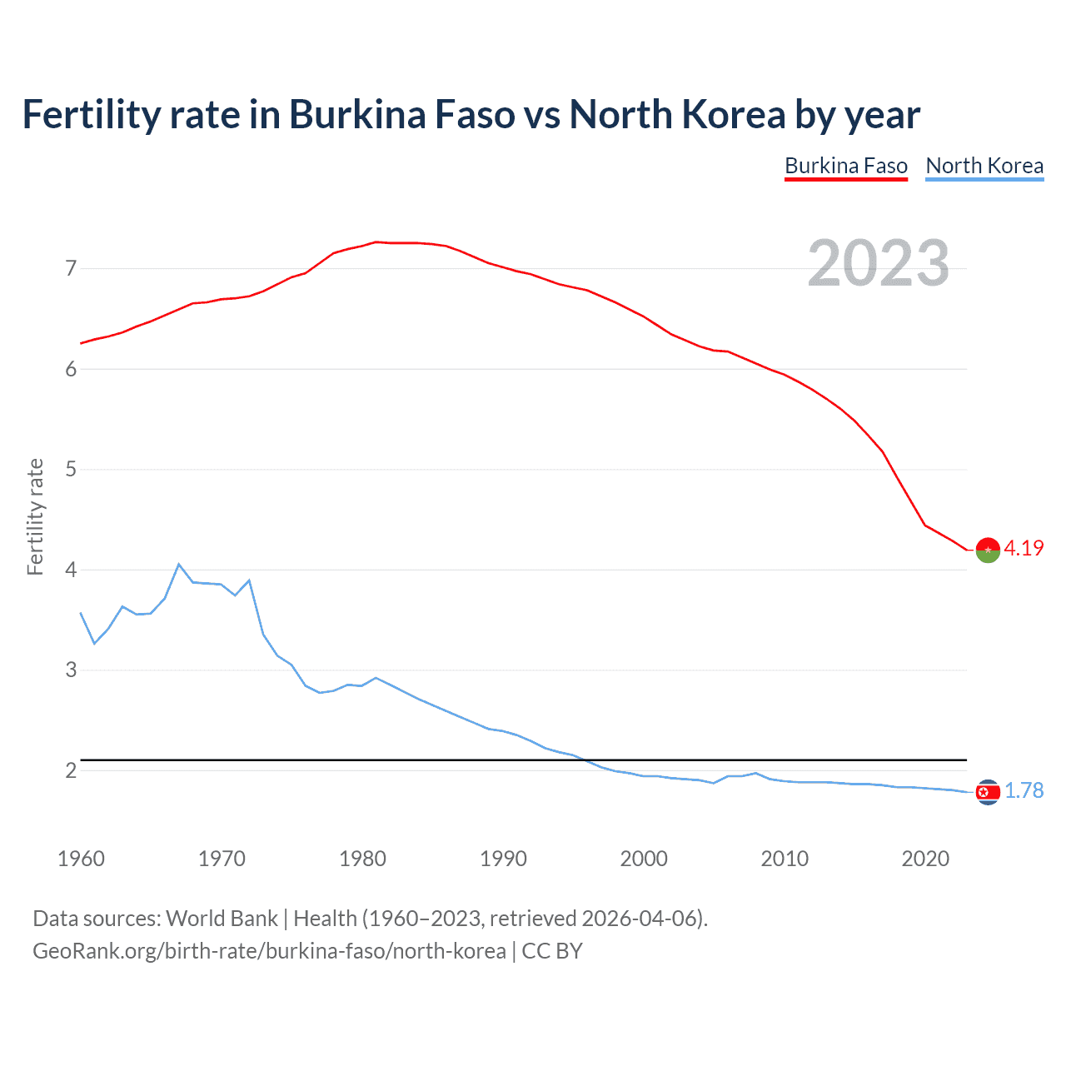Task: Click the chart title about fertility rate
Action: click(471, 114)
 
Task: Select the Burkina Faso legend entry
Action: click(845, 166)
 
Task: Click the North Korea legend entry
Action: click(984, 166)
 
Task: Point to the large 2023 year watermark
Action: click(878, 263)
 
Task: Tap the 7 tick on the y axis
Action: click(71, 268)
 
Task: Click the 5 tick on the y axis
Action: click(71, 470)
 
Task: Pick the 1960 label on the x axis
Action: click(81, 859)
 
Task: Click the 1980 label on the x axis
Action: click(362, 859)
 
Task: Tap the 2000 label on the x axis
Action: click(644, 859)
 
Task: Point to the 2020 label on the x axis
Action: click(925, 859)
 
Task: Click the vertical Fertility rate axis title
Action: click(35, 516)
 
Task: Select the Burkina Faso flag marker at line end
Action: click(987, 550)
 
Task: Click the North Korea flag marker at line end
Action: click(987, 792)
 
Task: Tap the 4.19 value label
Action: click(1024, 548)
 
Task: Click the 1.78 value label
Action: click(1024, 790)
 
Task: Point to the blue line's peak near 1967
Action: click(179, 565)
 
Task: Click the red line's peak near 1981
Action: click(376, 242)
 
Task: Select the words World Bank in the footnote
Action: click(222, 919)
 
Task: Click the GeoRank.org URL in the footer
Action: click(269, 951)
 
